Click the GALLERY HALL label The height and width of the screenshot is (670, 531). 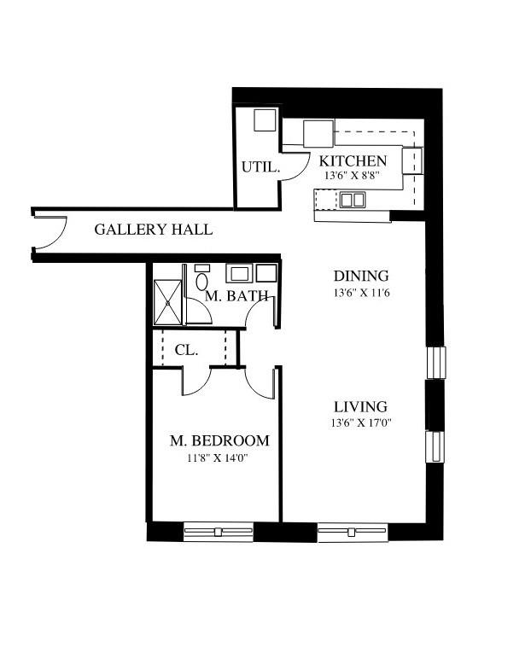click(154, 230)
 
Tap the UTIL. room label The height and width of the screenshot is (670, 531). click(260, 166)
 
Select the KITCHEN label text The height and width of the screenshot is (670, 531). click(353, 161)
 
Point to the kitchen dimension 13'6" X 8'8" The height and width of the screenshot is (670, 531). click(352, 175)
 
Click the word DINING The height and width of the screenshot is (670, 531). click(361, 276)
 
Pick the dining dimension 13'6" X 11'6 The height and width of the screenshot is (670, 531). click(362, 294)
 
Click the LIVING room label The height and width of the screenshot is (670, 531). click(361, 407)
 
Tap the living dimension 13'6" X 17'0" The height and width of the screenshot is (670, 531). click(361, 423)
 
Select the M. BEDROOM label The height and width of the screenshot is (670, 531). click(219, 440)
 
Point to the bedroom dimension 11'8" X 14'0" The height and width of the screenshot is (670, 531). click(218, 458)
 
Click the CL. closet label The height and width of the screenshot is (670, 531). click(186, 351)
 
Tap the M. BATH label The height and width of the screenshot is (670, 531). click(236, 295)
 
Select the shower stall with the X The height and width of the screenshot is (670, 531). click(167, 302)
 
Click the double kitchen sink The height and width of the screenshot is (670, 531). click(353, 200)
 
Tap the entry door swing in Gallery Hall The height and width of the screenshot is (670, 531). click(50, 233)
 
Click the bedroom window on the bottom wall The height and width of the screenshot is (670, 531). click(219, 532)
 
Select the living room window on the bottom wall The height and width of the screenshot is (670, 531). click(353, 533)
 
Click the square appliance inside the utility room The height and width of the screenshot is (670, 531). click(265, 120)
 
